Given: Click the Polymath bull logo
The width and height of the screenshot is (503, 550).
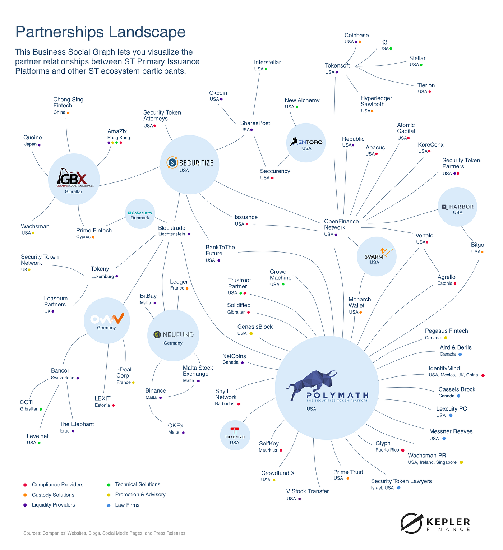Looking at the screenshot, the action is tap(311, 385).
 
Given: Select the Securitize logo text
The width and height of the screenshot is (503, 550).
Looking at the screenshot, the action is tap(196, 163).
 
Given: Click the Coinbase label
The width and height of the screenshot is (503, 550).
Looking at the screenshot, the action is tap(356, 35).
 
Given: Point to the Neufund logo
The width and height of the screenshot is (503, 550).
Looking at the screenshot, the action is tap(173, 334).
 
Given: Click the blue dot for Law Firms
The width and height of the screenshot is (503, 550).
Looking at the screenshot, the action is tap(109, 505).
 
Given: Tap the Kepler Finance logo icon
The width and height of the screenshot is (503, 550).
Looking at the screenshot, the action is tap(411, 523).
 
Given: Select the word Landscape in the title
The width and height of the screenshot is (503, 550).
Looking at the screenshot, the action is tap(147, 32).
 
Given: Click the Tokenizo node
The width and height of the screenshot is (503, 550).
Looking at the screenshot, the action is tap(235, 435).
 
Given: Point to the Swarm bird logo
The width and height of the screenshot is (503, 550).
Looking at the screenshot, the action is tap(386, 252).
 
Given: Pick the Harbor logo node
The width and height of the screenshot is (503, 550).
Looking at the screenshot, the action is tap(457, 207).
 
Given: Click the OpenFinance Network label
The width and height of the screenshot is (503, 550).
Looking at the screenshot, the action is tap(341, 224).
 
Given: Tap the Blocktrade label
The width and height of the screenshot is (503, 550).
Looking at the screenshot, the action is tap(172, 228).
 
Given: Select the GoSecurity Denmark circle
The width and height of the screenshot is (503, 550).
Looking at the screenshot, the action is tap(140, 214).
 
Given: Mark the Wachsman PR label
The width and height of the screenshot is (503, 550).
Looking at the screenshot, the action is tap(427, 456).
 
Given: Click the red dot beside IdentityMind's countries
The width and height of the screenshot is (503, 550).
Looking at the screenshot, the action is tap(483, 375).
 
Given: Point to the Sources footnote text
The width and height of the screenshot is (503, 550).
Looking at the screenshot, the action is tap(104, 533).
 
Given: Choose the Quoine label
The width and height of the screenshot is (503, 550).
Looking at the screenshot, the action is tap(33, 137).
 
